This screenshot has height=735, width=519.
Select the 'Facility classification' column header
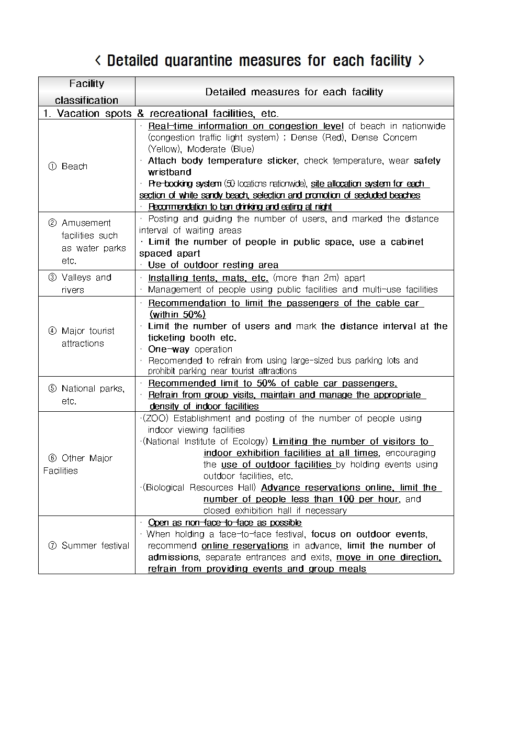86,92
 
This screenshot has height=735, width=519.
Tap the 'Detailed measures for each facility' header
294,92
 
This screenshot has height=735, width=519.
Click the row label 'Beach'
74,167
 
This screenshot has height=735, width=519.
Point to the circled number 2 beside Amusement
52,223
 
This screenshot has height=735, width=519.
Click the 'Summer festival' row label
95,545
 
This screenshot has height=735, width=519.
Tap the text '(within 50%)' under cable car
177,315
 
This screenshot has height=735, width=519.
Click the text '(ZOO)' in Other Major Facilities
155,419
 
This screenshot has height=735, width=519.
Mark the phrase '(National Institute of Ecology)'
205,442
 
